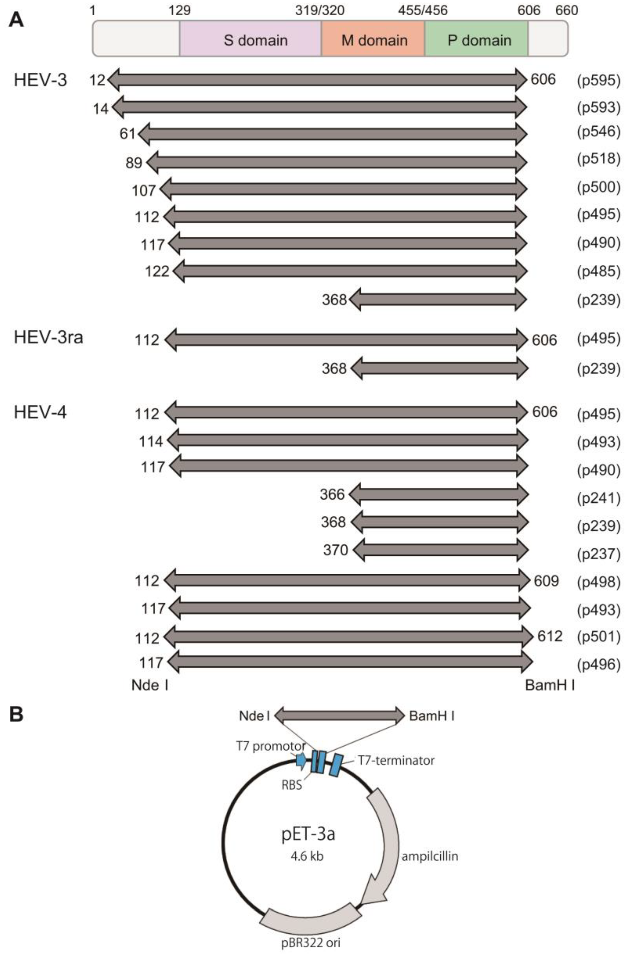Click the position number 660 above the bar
click(567, 10)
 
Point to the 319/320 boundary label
click(320, 10)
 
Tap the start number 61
click(127, 133)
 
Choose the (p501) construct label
click(599, 637)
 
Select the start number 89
click(134, 163)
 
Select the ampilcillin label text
click(430, 856)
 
